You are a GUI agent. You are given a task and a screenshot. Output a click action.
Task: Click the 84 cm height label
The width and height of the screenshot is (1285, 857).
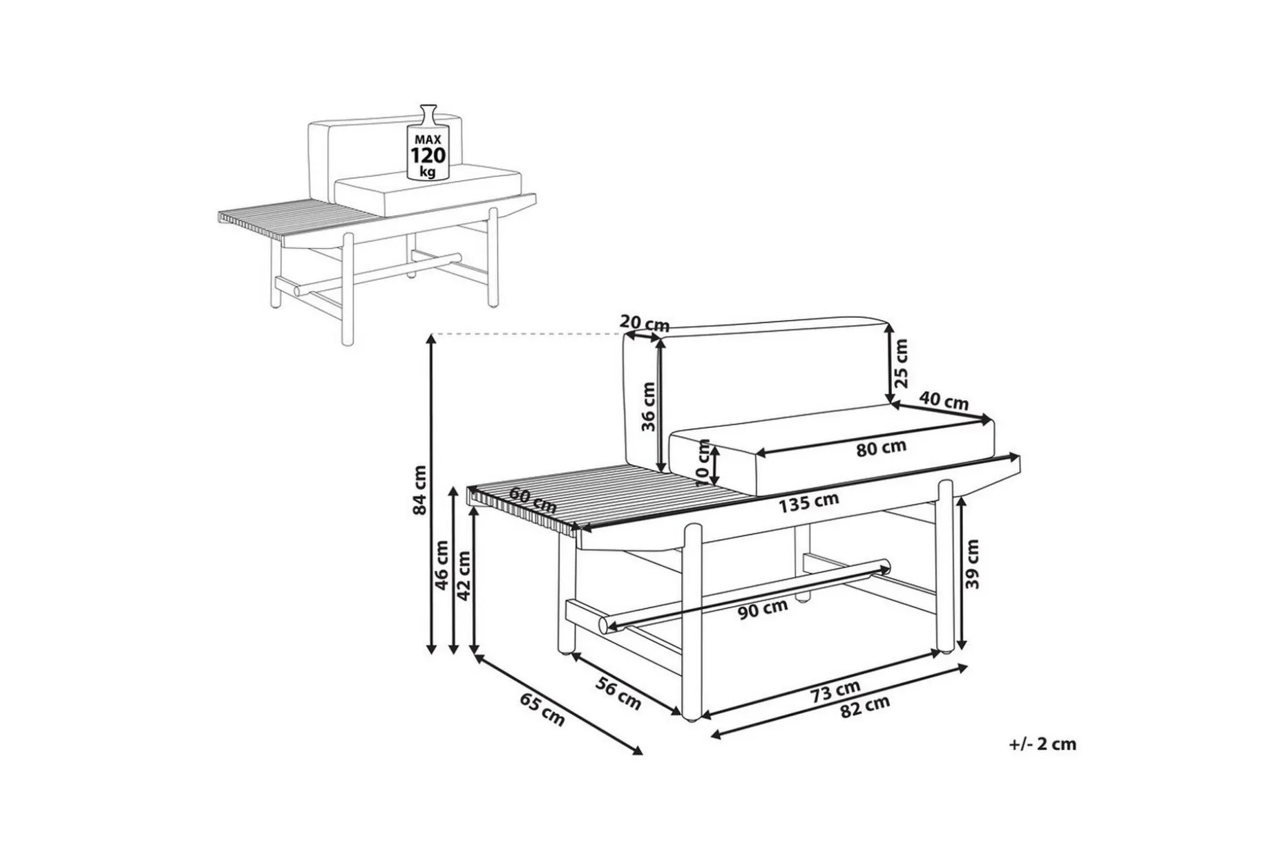tap(419, 490)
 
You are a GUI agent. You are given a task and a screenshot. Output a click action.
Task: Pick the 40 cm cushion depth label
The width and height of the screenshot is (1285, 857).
tap(944, 401)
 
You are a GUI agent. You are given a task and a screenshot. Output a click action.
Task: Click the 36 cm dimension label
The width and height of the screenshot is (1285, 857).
tap(648, 406)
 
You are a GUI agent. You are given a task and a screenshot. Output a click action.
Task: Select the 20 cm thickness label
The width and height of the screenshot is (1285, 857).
tap(645, 322)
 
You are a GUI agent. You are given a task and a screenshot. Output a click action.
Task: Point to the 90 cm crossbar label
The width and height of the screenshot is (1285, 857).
tap(763, 610)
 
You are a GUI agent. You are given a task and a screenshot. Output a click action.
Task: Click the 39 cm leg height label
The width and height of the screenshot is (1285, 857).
tap(973, 564)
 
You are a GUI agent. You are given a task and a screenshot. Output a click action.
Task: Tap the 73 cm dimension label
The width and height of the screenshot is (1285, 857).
tap(836, 691)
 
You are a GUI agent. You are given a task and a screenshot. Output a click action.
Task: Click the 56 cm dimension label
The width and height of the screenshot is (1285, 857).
tap(618, 694)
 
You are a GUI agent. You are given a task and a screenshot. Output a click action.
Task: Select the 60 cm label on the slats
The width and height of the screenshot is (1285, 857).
tap(533, 500)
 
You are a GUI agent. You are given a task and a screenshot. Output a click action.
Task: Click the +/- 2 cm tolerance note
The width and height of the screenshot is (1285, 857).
tap(1043, 744)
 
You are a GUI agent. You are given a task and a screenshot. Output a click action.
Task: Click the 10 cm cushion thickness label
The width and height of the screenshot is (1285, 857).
tap(703, 462)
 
